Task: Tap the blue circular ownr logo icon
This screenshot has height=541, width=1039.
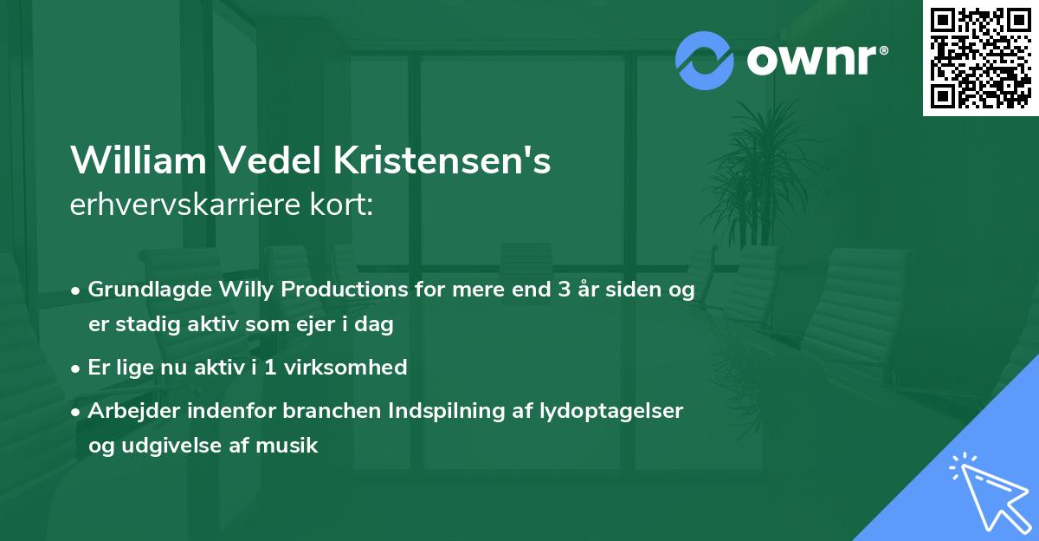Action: click(705, 61)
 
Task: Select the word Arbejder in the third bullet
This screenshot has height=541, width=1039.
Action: click(127, 411)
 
